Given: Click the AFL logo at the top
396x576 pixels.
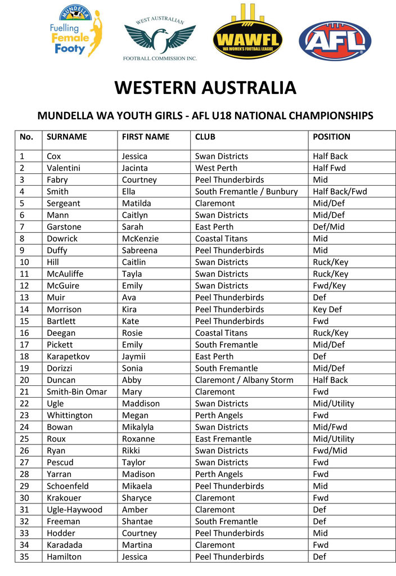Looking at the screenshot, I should (335, 41).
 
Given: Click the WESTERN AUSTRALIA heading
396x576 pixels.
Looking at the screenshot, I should (205, 88).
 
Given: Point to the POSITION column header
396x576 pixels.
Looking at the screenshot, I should (331, 137).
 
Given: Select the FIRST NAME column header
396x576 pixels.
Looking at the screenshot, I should (145, 137).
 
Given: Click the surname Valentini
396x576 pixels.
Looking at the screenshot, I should (64, 168).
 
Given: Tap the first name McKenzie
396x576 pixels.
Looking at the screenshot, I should (140, 238).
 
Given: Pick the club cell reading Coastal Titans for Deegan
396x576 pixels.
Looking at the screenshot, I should (221, 333).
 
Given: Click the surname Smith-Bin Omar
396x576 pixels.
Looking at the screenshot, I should (76, 391).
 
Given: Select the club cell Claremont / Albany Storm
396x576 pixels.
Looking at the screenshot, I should (244, 380).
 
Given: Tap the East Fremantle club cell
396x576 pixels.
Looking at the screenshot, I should (223, 439).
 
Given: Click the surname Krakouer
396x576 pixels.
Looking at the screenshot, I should (64, 498).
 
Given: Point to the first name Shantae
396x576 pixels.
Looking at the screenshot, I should (137, 521).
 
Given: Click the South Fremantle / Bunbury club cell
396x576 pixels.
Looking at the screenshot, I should (246, 191).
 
